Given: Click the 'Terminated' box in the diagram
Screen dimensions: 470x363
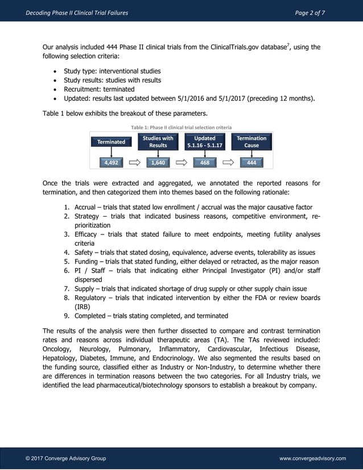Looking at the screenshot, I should [x=112, y=142].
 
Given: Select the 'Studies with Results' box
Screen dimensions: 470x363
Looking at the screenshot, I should [x=158, y=142].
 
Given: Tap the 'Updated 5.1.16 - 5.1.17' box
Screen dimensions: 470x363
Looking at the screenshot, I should [x=205, y=142].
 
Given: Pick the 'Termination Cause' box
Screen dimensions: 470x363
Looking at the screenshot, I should [x=251, y=142].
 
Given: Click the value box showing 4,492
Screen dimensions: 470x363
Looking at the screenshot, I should [x=111, y=163].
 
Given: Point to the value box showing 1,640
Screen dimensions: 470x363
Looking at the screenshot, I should [x=158, y=163].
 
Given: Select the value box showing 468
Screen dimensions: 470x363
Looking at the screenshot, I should [x=205, y=163].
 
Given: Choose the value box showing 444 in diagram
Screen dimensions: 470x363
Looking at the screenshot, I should [x=251, y=163].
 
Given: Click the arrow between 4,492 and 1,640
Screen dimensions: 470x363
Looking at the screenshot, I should [x=135, y=163].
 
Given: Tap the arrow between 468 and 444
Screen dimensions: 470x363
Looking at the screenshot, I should [x=229, y=163].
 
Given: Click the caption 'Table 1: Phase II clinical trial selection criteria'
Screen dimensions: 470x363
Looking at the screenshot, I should [x=181, y=127].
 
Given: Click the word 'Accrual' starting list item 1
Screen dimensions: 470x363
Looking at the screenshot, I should [x=86, y=207].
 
